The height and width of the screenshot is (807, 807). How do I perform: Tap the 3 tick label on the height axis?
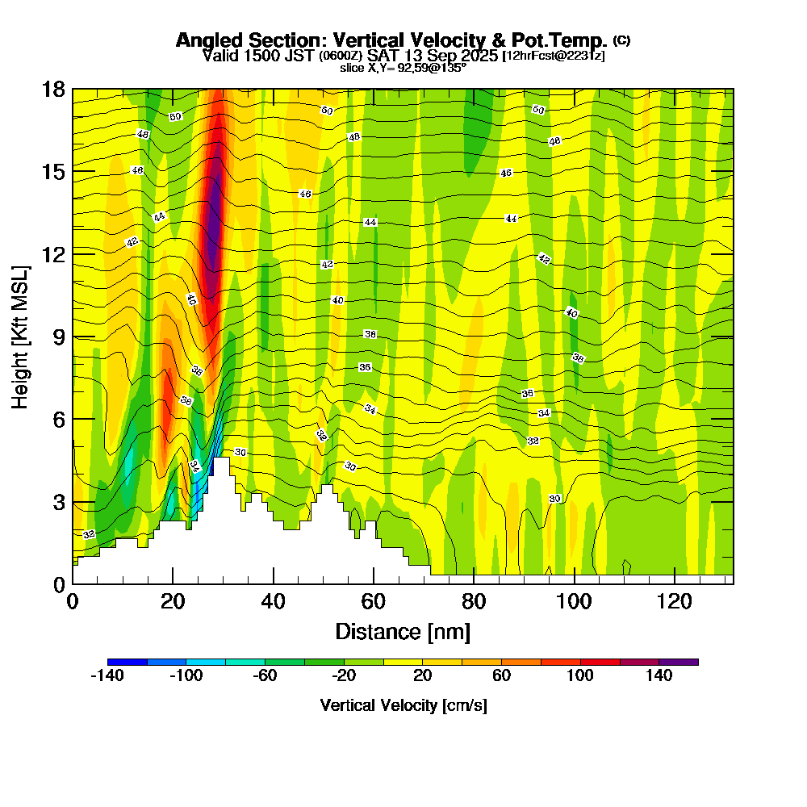point(59,502)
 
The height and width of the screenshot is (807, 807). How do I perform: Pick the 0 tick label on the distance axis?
point(73,601)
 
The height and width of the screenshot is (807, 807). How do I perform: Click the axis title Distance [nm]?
point(403,631)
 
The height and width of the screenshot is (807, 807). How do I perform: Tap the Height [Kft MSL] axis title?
point(21,336)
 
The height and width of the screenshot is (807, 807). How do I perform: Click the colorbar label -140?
point(107,676)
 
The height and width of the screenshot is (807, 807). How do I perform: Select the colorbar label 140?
point(659,676)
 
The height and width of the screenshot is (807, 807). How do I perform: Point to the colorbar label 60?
point(501,676)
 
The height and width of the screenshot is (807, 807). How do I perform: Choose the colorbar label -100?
point(186,676)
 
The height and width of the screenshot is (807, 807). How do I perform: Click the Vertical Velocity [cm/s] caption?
point(403,705)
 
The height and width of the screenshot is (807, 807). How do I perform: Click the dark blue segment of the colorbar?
point(127,662)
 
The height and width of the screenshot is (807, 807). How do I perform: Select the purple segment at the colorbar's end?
point(679,662)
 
